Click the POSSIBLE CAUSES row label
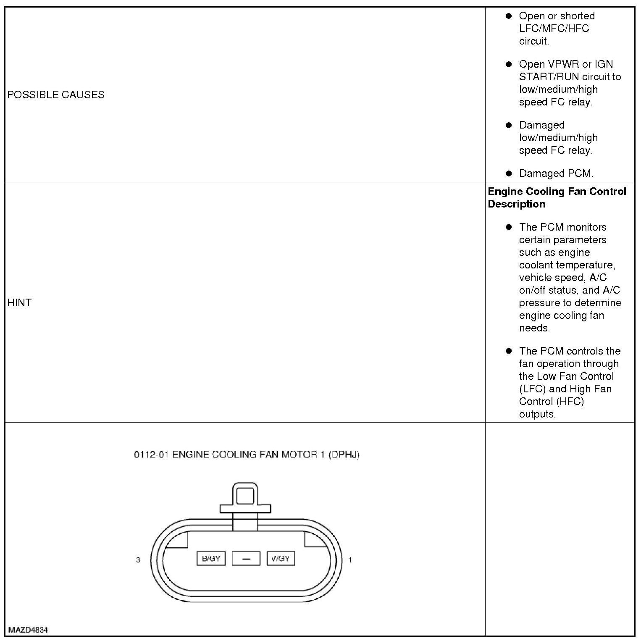click(56, 95)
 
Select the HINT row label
click(19, 302)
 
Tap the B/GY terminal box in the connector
click(211, 559)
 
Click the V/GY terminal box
click(281, 559)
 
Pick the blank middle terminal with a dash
click(246, 559)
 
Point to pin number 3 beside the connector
click(138, 560)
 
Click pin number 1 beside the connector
click(350, 560)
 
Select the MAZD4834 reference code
click(28, 630)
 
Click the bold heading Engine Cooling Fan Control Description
click(557, 197)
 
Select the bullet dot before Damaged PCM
click(509, 173)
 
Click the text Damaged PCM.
click(556, 173)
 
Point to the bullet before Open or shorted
click(509, 16)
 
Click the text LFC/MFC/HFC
click(554, 29)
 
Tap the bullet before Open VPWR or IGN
click(509, 64)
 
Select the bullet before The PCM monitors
click(509, 227)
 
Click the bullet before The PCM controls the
click(509, 351)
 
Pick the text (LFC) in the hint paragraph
click(532, 389)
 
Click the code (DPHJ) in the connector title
click(344, 455)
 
